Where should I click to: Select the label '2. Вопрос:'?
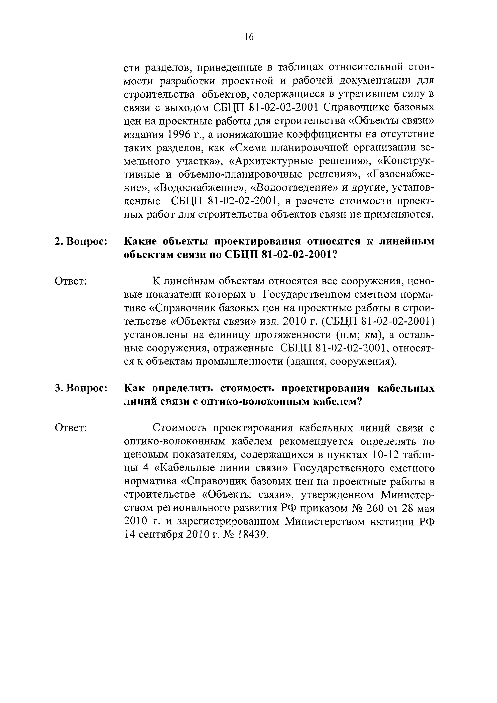[x=81, y=241]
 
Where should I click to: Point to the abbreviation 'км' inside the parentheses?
[x=373, y=335]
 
